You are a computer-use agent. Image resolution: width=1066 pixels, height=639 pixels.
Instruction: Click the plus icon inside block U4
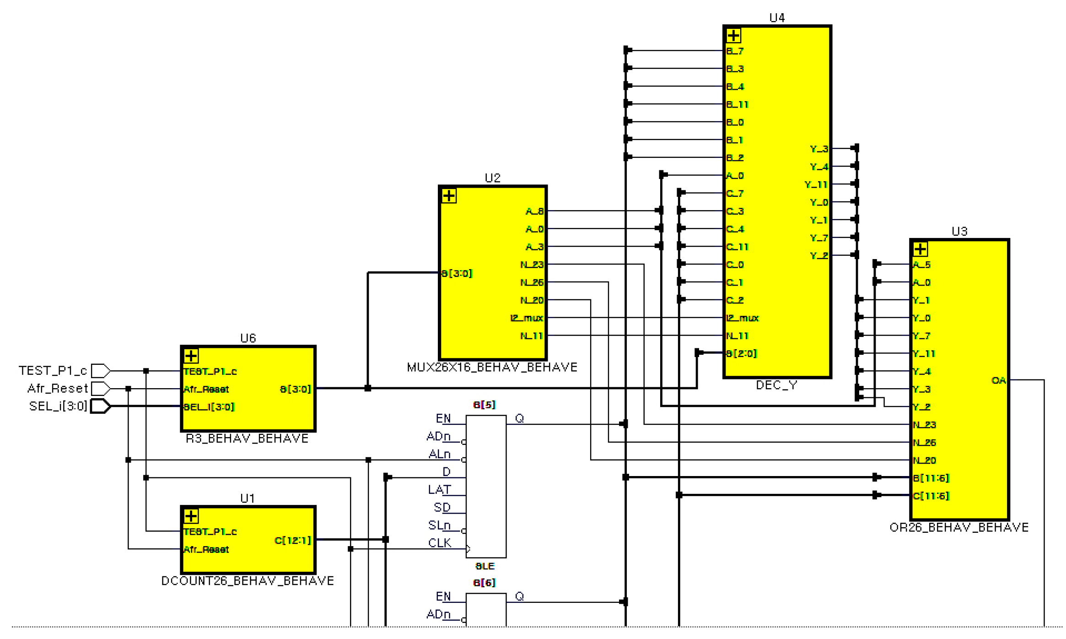pos(733,36)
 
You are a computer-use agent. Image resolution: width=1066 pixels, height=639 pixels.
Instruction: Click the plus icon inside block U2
pos(449,196)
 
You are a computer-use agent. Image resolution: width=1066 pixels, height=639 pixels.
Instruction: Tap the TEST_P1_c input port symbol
pos(100,370)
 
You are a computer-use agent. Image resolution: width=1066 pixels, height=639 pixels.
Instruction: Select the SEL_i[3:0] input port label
pos(58,406)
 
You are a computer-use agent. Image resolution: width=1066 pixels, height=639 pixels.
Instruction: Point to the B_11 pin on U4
pos(737,104)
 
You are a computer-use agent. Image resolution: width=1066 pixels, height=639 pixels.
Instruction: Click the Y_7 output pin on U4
pos(818,238)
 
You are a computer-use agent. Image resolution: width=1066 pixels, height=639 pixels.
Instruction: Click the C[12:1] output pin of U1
pos(292,540)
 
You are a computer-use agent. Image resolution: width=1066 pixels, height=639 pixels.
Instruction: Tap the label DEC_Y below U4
pos(776,385)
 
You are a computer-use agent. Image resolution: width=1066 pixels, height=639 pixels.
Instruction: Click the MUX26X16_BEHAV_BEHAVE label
pos(492,367)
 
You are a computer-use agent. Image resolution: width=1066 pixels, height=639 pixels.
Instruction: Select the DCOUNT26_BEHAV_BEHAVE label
pos(248,580)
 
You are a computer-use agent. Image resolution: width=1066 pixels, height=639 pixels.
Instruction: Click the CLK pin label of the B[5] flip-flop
pos(439,543)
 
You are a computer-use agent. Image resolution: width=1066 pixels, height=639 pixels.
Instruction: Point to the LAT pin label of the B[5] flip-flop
pos(439,490)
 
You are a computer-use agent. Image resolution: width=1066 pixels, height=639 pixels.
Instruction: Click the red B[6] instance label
pos(484,582)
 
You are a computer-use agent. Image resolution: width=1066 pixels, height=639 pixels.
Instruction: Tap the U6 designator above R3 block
pos(248,338)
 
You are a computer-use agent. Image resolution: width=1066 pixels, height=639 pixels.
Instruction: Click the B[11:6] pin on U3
pos(931,478)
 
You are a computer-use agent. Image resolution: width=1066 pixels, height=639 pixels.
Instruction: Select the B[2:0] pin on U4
pos(741,353)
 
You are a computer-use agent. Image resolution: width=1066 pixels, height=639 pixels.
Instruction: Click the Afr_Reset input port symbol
pos(100,388)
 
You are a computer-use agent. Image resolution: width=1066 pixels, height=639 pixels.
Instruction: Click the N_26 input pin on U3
pos(924,442)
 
